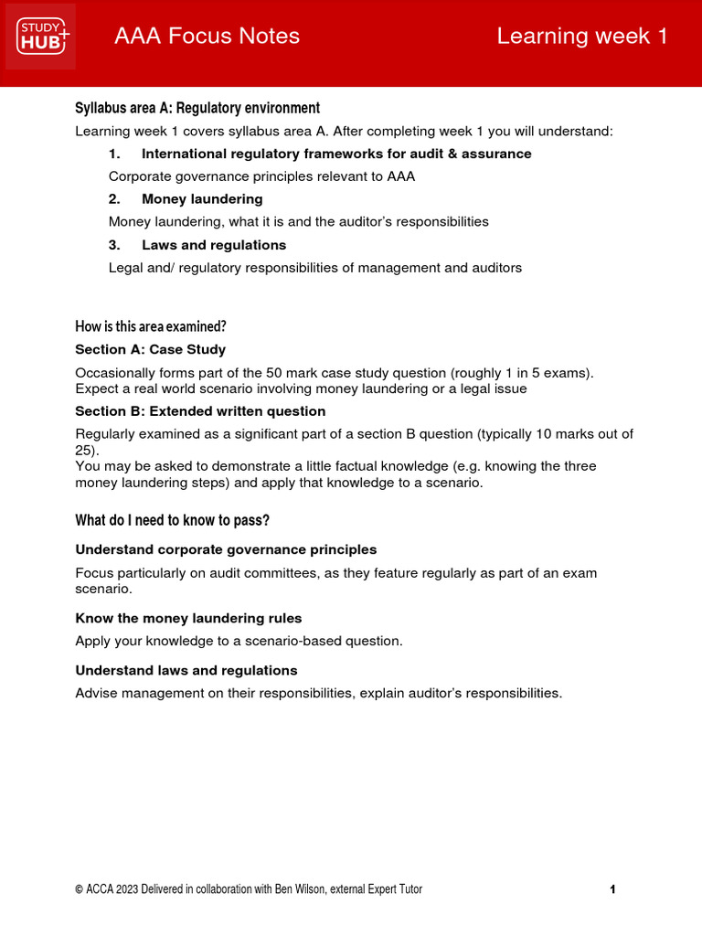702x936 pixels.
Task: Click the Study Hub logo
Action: (40, 37)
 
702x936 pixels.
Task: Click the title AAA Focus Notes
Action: (207, 37)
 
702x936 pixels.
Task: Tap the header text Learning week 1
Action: (582, 37)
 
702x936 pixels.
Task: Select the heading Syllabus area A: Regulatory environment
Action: (197, 108)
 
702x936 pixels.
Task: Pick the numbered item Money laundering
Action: (202, 199)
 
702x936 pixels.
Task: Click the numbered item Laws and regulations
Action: (214, 245)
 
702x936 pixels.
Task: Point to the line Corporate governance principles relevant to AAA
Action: (261, 176)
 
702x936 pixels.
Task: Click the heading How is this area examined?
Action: (150, 326)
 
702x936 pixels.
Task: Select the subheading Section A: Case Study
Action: (150, 349)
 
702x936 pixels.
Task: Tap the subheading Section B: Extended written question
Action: (200, 411)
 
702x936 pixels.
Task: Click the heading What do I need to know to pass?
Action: (172, 521)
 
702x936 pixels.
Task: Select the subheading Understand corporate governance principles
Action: (226, 549)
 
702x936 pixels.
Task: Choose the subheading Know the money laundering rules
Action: (188, 619)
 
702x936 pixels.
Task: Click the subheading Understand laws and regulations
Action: (186, 670)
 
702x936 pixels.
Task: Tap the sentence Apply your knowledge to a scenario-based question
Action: (239, 641)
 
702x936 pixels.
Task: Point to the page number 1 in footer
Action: (612, 889)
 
